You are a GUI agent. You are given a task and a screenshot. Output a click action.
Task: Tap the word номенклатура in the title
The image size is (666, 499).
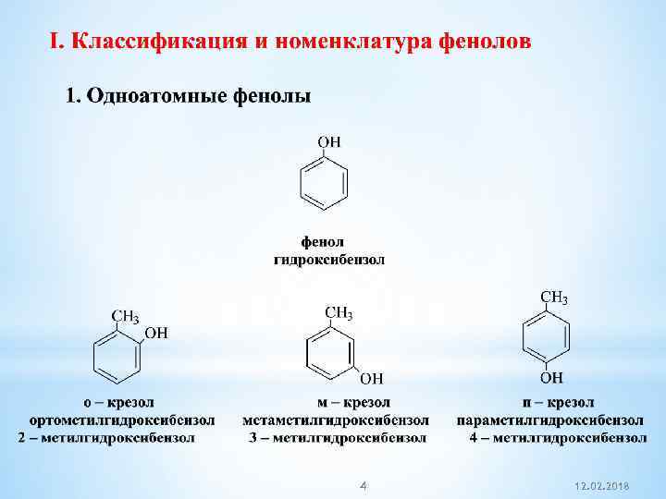click(x=348, y=43)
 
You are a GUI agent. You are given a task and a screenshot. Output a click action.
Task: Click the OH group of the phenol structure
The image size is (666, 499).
click(x=329, y=141)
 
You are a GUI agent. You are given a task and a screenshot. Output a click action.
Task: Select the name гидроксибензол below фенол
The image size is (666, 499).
click(x=329, y=260)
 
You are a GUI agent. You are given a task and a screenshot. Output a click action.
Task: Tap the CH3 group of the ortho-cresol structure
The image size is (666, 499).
click(x=126, y=318)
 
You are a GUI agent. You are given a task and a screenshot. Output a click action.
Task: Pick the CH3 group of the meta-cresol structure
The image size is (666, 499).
click(x=339, y=313)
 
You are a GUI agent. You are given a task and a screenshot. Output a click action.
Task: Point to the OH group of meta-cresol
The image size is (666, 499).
click(x=371, y=377)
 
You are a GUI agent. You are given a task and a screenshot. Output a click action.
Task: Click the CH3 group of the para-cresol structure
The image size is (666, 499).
click(x=553, y=298)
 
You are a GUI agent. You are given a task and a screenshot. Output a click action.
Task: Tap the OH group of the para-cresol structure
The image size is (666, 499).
click(x=551, y=377)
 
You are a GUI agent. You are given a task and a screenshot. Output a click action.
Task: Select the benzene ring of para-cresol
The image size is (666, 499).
click(x=545, y=337)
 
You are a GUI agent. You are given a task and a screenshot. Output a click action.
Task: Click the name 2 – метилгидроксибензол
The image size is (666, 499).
click(x=107, y=436)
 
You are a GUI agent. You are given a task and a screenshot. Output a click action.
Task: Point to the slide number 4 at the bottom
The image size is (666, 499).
click(x=364, y=485)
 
